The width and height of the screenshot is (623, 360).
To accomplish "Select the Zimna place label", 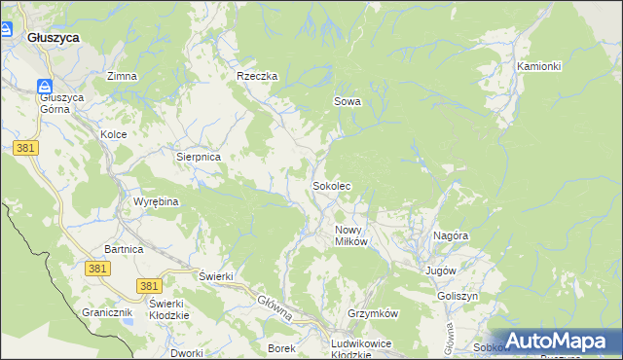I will click(x=122, y=76).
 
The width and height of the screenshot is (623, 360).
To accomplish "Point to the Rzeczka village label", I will click(x=258, y=76).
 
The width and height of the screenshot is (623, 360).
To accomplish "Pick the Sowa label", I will click(x=348, y=100).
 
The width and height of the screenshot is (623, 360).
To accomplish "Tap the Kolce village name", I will click(x=114, y=133).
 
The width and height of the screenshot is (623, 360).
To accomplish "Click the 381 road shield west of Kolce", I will click(x=26, y=146).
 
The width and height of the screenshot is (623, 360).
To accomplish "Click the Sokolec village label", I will click(x=331, y=185).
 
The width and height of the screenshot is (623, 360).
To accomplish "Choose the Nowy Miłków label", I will click(x=350, y=235).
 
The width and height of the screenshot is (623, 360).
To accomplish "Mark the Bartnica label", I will click(x=124, y=249).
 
